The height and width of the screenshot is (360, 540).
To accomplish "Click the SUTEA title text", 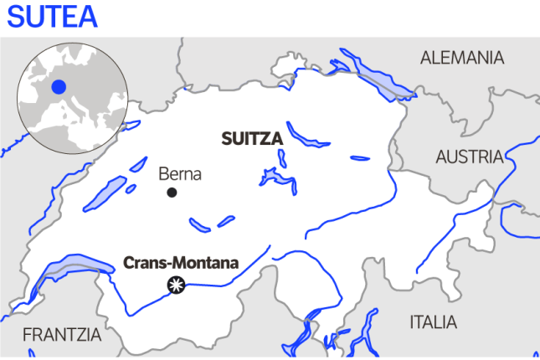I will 52,17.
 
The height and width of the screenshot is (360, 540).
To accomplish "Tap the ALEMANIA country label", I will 462,58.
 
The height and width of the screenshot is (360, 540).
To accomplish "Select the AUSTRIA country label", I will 469,157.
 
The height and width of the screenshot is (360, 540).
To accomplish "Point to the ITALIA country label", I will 433,322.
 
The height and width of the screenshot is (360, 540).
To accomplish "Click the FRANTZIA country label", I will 61,335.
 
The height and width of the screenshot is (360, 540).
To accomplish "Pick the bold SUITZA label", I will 252,139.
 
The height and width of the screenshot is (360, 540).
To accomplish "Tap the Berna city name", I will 180,174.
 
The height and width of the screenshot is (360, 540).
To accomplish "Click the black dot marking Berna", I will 172,193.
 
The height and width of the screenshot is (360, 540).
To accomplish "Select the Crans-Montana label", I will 181,262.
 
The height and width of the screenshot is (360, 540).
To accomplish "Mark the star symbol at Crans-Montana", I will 175,285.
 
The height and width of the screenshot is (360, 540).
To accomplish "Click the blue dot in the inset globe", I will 58,86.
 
